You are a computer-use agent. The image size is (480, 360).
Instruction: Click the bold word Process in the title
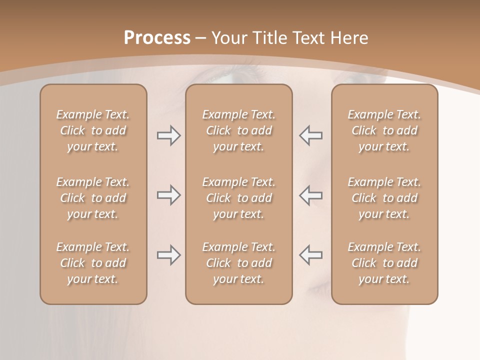coord(157,38)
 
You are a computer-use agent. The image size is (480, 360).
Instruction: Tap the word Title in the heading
coord(270,38)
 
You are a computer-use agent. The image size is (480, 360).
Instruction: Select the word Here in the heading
coord(348,38)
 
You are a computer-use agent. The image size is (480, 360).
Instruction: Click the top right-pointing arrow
coord(168,135)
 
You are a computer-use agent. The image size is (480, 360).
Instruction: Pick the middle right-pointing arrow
coord(168,195)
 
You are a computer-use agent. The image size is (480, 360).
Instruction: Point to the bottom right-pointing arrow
coord(168,255)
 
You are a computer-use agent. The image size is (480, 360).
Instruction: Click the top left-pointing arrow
coord(310,135)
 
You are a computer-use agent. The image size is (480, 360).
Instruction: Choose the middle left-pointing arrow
coord(310,195)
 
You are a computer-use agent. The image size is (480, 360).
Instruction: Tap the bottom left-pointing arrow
coord(310,255)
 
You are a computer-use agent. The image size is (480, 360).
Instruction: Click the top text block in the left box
coord(93,130)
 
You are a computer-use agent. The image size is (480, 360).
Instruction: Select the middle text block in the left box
coord(93,198)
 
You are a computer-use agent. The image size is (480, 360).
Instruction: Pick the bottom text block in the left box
coord(93,263)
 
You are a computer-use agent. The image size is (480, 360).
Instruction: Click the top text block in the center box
coord(238,130)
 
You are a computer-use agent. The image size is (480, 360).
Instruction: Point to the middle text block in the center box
coord(238,198)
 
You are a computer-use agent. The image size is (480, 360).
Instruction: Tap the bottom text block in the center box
coord(238,263)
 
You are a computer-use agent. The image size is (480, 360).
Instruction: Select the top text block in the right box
coord(384,130)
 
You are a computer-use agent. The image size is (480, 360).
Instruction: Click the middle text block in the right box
coord(384,198)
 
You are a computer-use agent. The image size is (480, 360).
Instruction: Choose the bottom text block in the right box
coord(384,263)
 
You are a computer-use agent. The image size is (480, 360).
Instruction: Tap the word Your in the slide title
coord(229,38)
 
